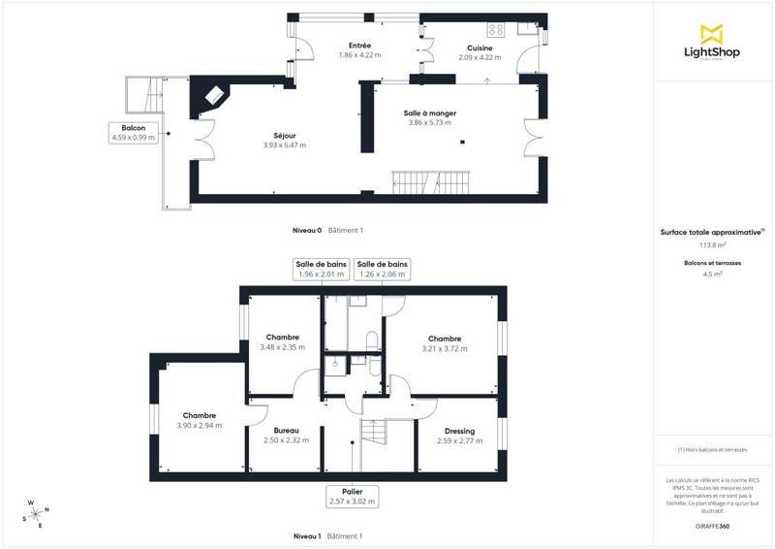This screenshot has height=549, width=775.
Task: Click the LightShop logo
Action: point(711,45)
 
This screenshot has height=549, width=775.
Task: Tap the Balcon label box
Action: point(134,134)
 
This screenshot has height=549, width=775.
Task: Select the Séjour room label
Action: point(284,141)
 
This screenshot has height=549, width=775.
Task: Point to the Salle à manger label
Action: point(429,118)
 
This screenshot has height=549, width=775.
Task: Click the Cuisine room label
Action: point(480,52)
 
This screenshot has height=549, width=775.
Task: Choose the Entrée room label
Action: point(360,50)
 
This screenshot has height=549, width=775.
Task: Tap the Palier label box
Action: point(352,497)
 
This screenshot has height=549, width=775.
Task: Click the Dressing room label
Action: point(459,436)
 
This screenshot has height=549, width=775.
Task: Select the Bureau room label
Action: point(286,436)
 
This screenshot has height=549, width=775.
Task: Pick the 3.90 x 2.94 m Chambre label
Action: point(199,420)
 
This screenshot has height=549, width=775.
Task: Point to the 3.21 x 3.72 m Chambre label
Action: point(445,344)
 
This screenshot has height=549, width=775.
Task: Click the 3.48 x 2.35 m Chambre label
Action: point(282,342)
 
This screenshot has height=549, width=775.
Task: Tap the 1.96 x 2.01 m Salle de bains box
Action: point(322,269)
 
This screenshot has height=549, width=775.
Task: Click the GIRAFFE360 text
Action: point(712,524)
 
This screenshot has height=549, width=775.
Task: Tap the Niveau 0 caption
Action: point(307,230)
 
